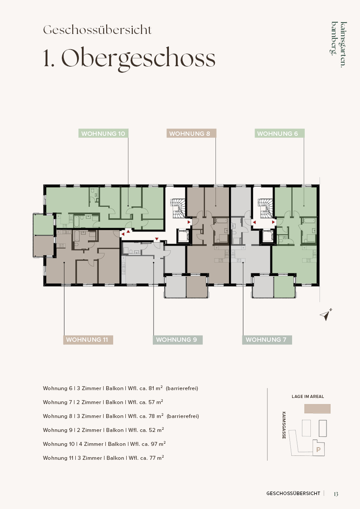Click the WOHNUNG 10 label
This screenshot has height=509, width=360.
point(103,133)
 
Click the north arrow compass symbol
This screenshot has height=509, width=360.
point(326,314)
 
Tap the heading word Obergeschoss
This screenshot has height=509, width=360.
point(138,59)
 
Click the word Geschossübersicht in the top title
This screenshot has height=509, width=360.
point(98,30)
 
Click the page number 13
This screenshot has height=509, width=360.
point(336,494)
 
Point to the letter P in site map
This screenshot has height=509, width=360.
point(319,450)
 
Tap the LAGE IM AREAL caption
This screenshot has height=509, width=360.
point(308,396)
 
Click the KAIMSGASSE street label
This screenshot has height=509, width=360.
point(284,425)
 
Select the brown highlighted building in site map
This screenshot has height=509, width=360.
point(317,409)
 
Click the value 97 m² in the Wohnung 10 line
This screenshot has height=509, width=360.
point(158,444)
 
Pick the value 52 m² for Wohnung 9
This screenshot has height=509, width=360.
point(156,430)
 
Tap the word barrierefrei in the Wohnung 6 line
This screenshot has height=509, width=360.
point(182,388)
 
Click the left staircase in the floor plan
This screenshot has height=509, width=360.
point(178,208)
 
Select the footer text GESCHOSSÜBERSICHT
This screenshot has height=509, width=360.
point(293,493)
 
